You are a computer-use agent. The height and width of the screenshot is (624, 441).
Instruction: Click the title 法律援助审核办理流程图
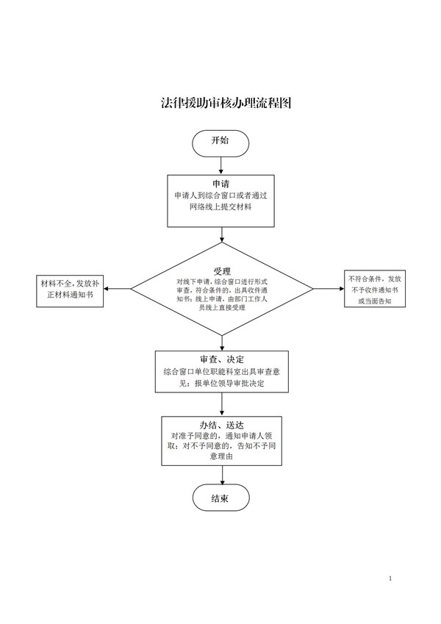pos(220,104)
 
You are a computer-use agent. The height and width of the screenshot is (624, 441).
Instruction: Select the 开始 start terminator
pos(220,142)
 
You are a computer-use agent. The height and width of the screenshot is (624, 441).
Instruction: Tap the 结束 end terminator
pos(220,498)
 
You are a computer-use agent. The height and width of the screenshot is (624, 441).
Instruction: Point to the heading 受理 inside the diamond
pos(221,270)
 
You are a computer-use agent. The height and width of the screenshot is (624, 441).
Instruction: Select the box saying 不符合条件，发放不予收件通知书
pos(375,289)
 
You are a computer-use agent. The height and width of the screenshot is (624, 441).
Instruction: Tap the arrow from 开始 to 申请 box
pos(220,165)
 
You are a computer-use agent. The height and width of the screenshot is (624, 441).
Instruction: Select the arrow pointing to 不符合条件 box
pos(329,288)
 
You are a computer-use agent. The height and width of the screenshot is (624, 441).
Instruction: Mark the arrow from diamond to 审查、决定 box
pos(220,342)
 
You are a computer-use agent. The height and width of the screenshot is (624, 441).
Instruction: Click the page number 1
pos(390,579)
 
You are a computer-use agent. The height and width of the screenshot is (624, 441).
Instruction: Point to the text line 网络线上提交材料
pos(220,208)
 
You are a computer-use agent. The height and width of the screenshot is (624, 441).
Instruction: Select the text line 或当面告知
pos(375,301)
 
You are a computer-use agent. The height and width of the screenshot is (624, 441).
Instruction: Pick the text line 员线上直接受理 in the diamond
pos(221,307)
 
